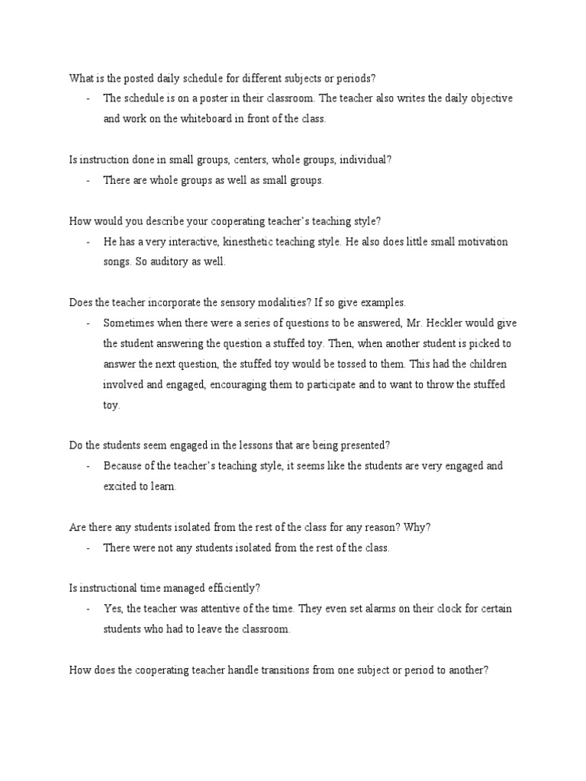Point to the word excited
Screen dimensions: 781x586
tap(120, 486)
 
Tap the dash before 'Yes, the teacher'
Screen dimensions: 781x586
tap(89, 610)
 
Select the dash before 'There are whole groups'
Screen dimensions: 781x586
tap(89, 181)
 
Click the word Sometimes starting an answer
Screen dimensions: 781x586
tap(128, 323)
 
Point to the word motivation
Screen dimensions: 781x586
tap(478, 242)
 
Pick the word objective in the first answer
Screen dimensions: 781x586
tap(489, 98)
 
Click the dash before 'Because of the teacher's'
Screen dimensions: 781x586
tap(89, 466)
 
